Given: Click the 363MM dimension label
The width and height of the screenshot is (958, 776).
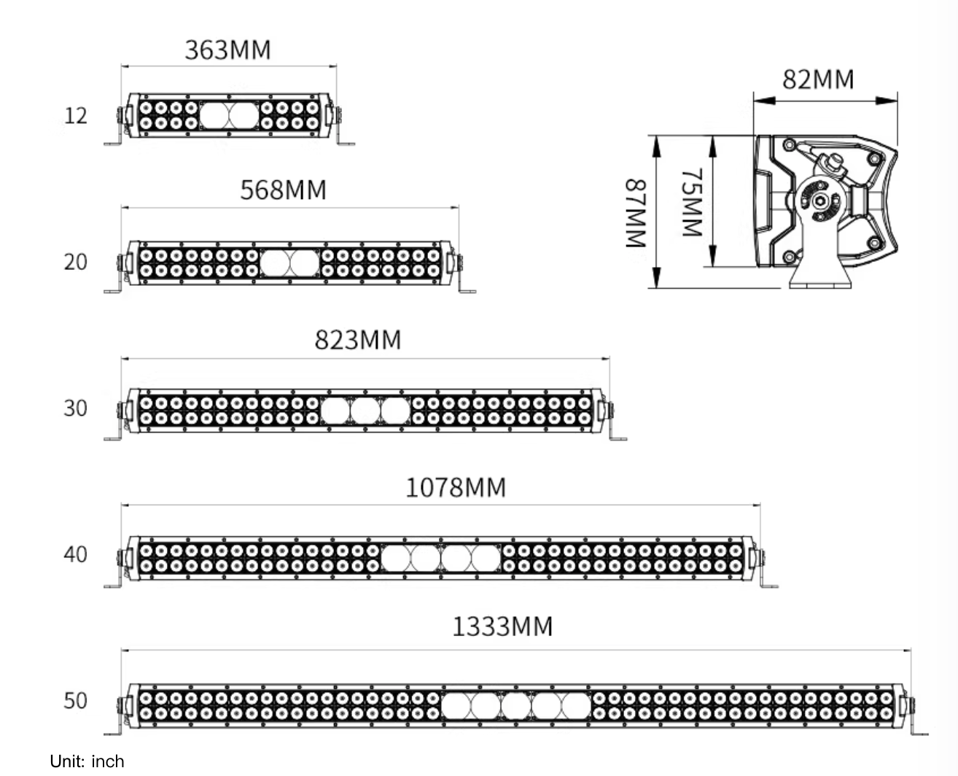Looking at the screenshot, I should [227, 50].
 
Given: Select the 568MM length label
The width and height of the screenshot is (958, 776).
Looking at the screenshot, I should [283, 190].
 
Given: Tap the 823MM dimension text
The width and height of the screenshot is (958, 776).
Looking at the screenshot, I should [358, 340].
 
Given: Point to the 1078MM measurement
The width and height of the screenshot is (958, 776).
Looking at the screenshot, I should [455, 487].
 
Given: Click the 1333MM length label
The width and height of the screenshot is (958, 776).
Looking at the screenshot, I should [502, 626].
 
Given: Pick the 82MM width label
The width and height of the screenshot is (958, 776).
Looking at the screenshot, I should [818, 79].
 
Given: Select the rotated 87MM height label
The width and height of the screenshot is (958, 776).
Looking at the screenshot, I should [636, 213].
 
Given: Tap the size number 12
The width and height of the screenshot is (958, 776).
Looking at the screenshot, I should [75, 116].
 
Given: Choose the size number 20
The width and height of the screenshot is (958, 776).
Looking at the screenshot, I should [75, 262].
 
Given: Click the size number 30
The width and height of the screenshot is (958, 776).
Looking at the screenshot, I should [75, 408].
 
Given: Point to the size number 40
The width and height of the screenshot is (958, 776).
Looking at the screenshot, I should [75, 555].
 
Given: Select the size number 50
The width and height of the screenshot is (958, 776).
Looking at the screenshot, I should [75, 701].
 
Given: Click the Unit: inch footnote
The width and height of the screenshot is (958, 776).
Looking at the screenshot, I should [87, 761].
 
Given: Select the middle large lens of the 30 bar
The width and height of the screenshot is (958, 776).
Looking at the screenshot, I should [365, 411].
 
